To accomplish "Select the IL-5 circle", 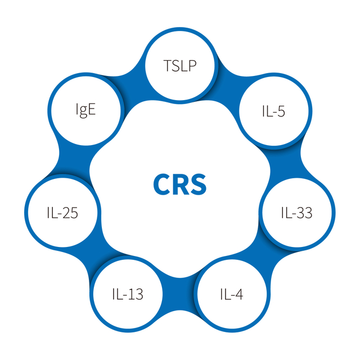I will point(272,111).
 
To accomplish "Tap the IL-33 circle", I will point(296,213).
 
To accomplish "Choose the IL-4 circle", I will point(231,293).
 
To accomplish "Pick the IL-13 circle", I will point(127,293).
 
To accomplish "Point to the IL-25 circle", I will point(62,213).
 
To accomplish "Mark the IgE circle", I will point(85,109).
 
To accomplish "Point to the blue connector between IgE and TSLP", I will point(130,79).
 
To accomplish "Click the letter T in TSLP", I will point(167,65).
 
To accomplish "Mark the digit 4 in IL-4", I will point(240,294).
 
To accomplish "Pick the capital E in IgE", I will point(92,109).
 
